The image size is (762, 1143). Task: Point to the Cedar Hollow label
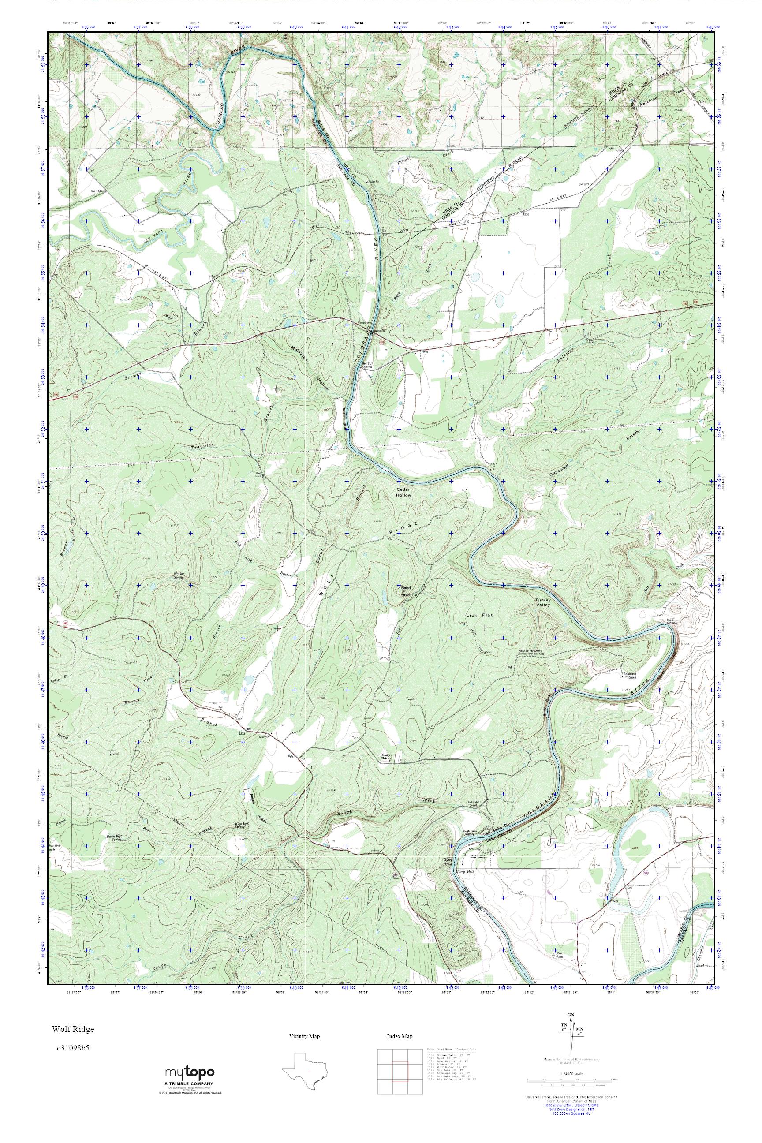tap(403, 492)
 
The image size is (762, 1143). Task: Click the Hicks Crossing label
tap(672, 621)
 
